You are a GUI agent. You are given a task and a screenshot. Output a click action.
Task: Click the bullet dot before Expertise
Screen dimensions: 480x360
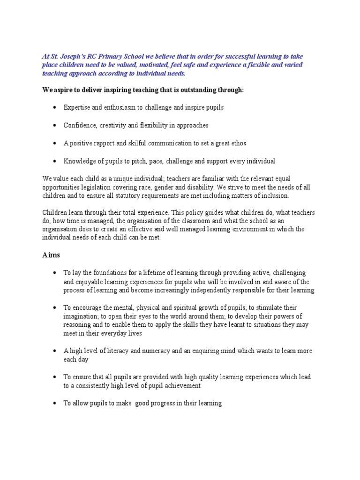click(55, 107)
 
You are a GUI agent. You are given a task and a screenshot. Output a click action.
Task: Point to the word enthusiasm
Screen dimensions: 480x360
click(123, 107)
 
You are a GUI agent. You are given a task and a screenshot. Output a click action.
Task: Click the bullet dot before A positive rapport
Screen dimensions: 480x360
click(55, 143)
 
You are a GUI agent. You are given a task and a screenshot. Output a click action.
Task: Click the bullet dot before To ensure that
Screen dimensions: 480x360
click(55, 377)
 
